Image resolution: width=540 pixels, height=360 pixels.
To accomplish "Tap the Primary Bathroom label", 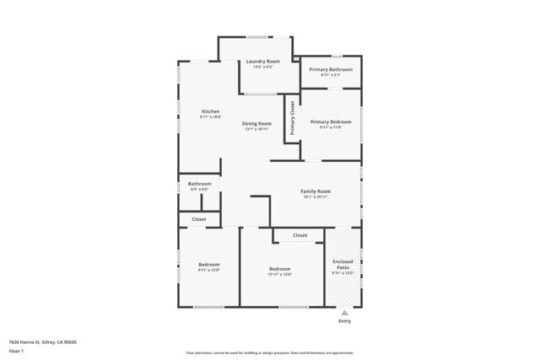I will [x=331, y=69].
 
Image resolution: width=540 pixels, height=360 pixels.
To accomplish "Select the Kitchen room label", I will [x=210, y=111].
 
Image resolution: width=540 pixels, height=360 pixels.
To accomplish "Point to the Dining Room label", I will [x=256, y=123].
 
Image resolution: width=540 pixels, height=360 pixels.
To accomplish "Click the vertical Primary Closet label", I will [x=293, y=119].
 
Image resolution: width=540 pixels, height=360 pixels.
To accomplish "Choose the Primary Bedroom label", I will [x=331, y=121].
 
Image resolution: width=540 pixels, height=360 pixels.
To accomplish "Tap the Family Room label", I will [x=316, y=191].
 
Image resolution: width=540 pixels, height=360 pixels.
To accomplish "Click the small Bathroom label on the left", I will [x=199, y=184].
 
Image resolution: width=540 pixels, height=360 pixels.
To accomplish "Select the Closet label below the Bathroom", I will [x=199, y=219].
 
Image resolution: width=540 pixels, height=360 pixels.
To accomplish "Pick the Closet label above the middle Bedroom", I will [x=300, y=235].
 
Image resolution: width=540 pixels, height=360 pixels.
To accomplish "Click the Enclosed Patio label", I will [x=343, y=264].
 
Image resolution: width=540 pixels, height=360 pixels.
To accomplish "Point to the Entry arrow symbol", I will [x=344, y=312].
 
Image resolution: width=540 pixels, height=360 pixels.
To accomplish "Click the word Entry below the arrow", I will [x=344, y=321].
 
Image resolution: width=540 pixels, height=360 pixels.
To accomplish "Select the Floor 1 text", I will [x=16, y=350].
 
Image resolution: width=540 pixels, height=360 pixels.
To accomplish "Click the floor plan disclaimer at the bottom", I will [x=270, y=353].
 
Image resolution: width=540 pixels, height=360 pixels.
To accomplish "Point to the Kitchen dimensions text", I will [x=210, y=117].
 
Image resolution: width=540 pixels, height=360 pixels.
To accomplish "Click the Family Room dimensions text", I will [x=316, y=197].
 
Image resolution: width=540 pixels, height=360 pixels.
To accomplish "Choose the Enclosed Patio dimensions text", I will [x=343, y=273].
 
